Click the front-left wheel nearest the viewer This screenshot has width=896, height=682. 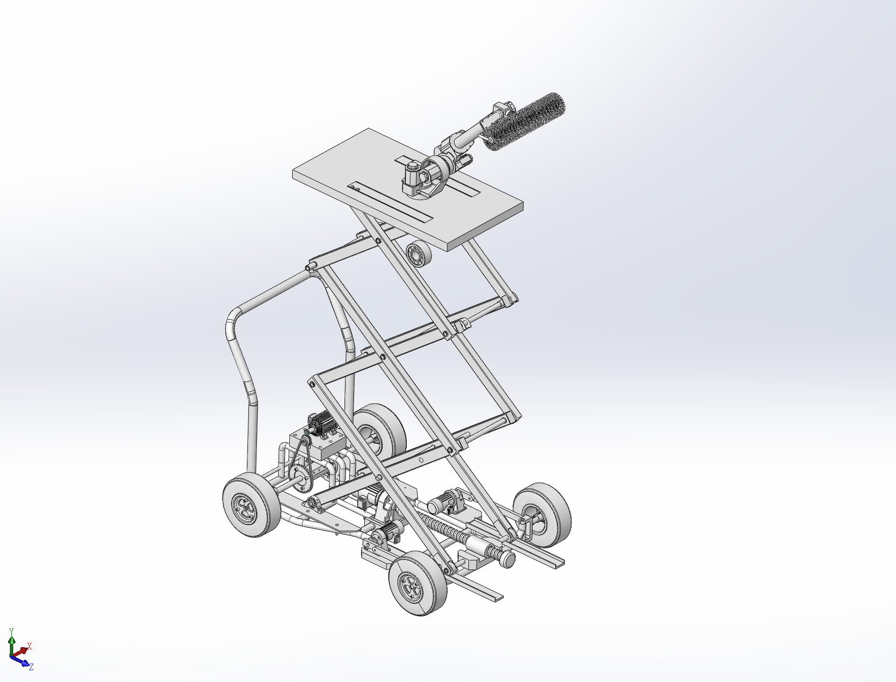418,583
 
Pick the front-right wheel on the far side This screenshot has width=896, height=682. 542,515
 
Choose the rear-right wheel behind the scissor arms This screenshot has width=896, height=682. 380,431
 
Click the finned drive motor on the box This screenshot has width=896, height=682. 321,422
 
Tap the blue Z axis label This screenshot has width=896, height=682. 31,667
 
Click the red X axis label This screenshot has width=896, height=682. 29,646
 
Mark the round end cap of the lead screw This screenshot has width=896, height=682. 508,559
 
